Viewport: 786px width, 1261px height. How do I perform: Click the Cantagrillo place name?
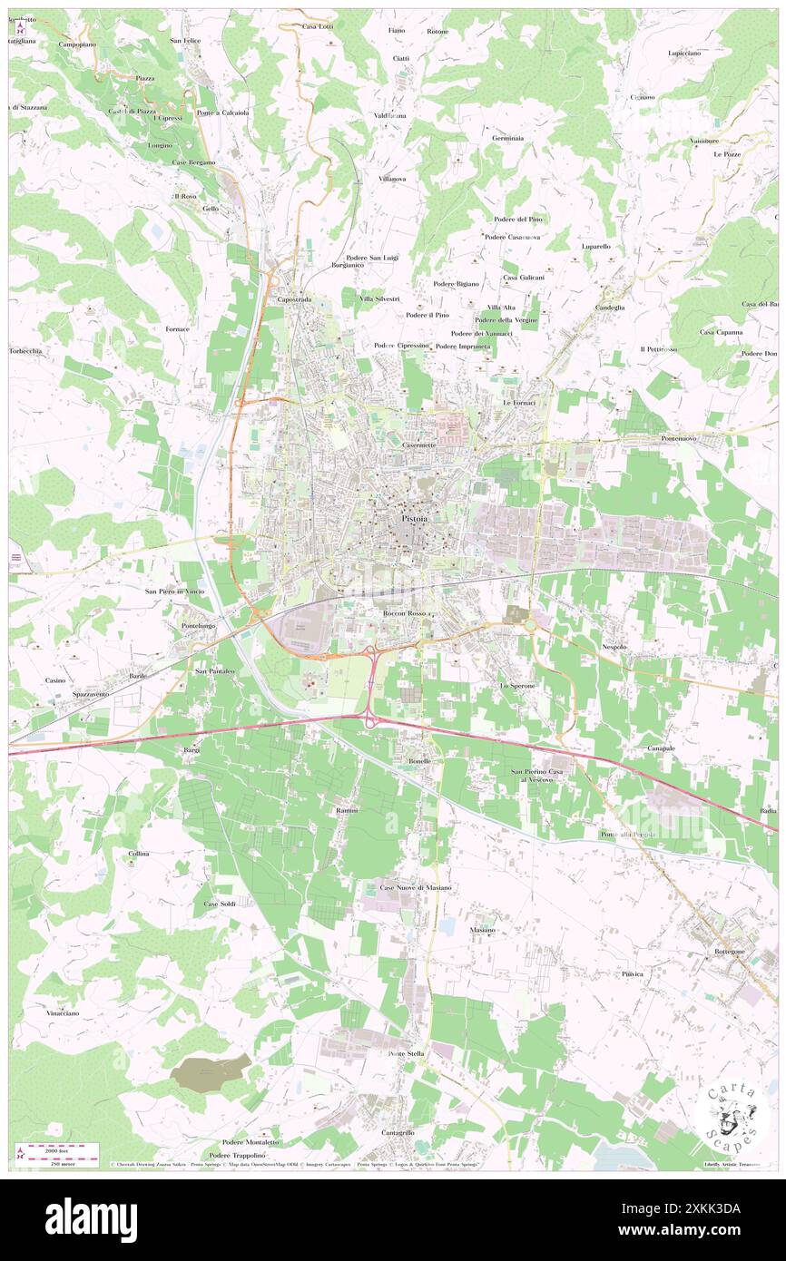(398, 1132)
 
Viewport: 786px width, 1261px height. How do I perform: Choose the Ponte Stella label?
(406, 1053)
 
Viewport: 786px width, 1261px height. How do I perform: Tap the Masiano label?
(483, 930)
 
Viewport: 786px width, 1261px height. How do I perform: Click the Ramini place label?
(347, 809)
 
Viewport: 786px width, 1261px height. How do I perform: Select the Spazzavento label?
(91, 694)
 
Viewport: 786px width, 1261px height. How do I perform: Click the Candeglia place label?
(609, 308)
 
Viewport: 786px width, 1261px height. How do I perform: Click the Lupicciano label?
(683, 54)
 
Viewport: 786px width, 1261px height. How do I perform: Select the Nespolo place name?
(614, 647)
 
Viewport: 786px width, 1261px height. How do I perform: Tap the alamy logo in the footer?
(91, 1220)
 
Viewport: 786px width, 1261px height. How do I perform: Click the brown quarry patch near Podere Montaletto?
(211, 1072)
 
